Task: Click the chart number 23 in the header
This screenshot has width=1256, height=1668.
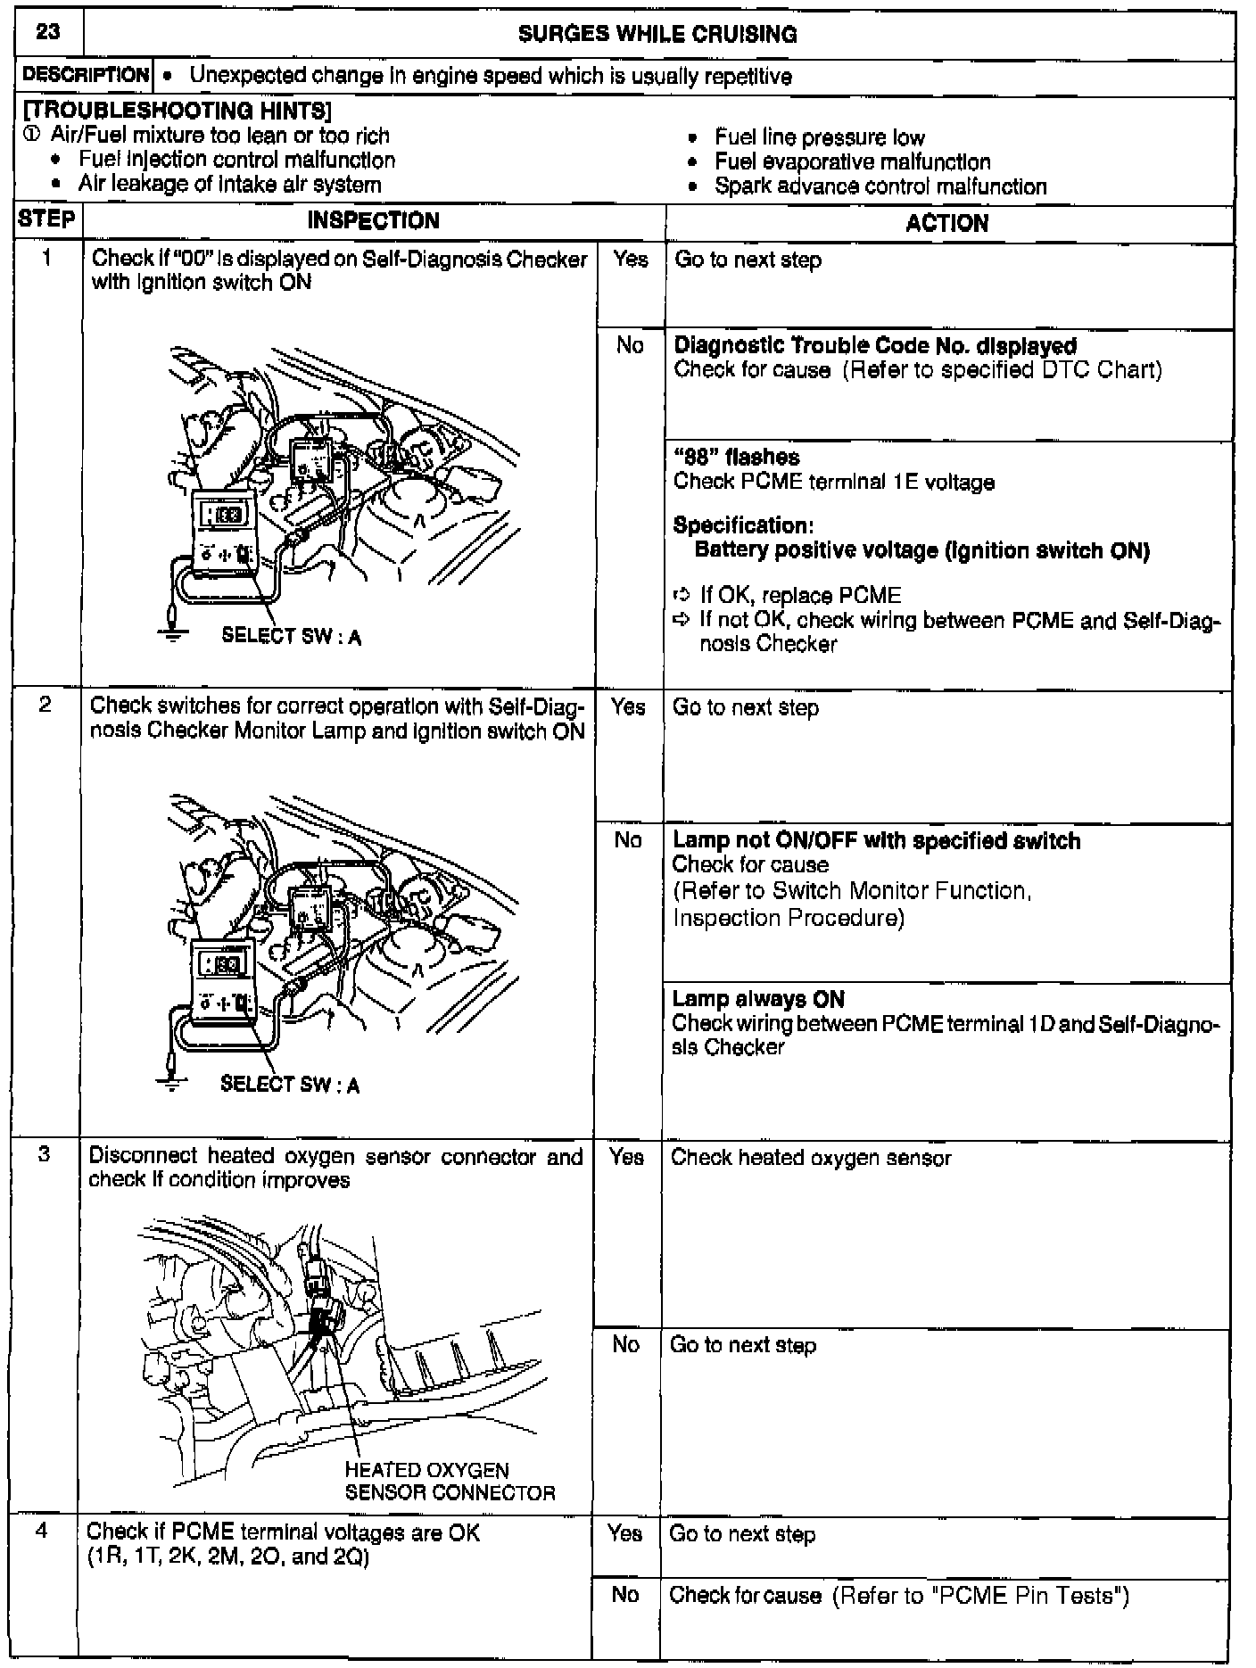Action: coord(48,33)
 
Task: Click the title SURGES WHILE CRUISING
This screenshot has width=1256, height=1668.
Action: coord(657,35)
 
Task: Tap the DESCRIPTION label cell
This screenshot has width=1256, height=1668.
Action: coord(86,76)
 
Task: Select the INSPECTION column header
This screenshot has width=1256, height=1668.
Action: coord(373,221)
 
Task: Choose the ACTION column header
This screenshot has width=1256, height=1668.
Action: coord(946,223)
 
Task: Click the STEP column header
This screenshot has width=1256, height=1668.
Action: coord(47,220)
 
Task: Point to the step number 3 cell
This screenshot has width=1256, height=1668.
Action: coord(44,1154)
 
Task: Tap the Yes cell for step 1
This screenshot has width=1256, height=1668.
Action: coord(630,260)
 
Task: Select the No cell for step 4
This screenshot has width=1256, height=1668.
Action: coord(624,1594)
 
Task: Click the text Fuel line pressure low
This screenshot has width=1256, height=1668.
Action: coord(819,137)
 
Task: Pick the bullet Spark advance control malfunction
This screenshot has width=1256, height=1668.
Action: coord(880,186)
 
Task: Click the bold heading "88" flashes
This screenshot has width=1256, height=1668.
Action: coord(736,458)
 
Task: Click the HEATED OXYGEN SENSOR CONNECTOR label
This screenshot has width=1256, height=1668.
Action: coord(449,1482)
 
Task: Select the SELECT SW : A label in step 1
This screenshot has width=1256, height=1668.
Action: coord(291,636)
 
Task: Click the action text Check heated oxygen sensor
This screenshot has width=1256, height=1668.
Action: coord(810,1158)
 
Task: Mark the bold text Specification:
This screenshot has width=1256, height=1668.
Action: coord(743,524)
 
